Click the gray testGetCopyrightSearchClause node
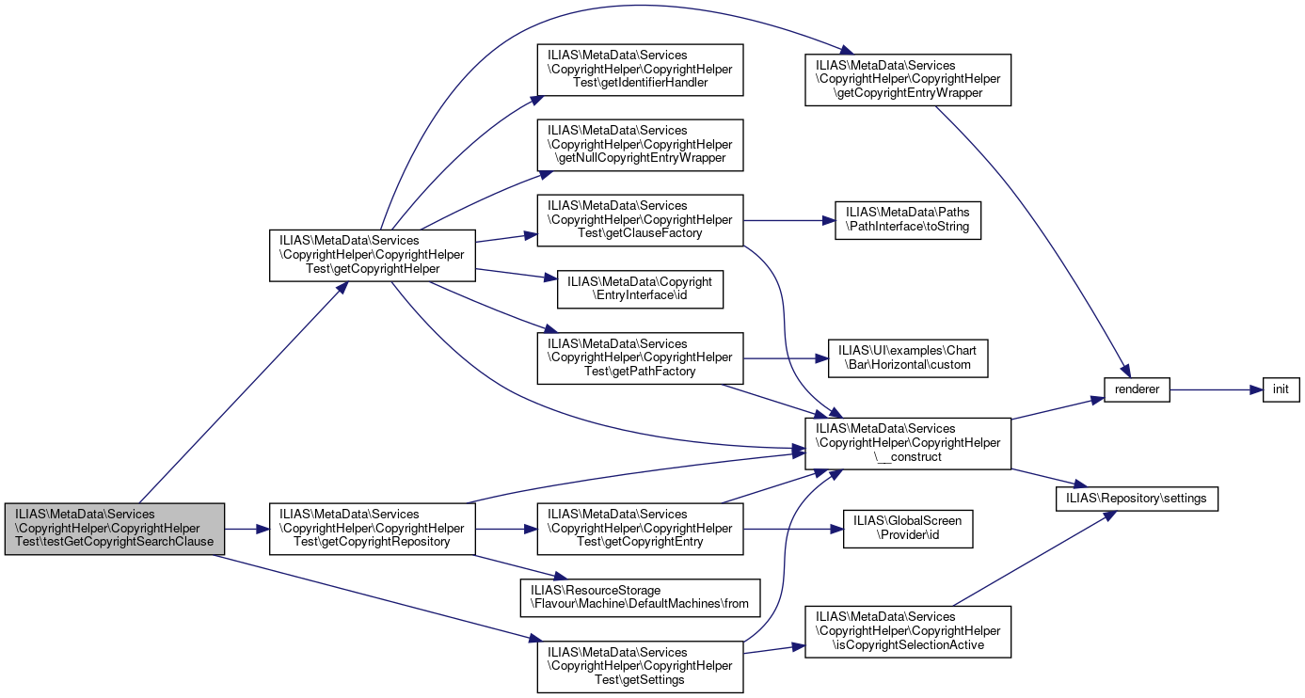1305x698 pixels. point(115,529)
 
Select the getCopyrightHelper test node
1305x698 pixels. point(373,256)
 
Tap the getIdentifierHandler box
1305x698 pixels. point(640,70)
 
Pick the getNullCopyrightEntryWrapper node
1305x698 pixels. point(640,145)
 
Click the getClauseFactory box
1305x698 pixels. point(640,220)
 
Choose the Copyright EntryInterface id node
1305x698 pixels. point(640,289)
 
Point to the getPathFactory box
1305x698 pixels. point(640,358)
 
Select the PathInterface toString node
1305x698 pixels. point(908,220)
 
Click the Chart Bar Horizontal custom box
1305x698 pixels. point(908,358)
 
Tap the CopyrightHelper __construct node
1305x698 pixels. point(908,443)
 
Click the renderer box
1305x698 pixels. point(1137,389)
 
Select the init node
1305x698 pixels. point(1281,389)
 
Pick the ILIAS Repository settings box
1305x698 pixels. point(1137,499)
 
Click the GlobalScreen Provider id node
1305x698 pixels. point(908,529)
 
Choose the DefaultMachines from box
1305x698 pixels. point(640,597)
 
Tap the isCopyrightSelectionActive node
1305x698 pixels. point(908,632)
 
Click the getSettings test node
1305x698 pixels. point(640,667)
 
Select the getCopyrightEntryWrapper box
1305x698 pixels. point(908,80)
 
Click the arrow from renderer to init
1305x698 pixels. point(1217,389)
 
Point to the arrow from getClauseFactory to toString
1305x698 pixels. point(789,220)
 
